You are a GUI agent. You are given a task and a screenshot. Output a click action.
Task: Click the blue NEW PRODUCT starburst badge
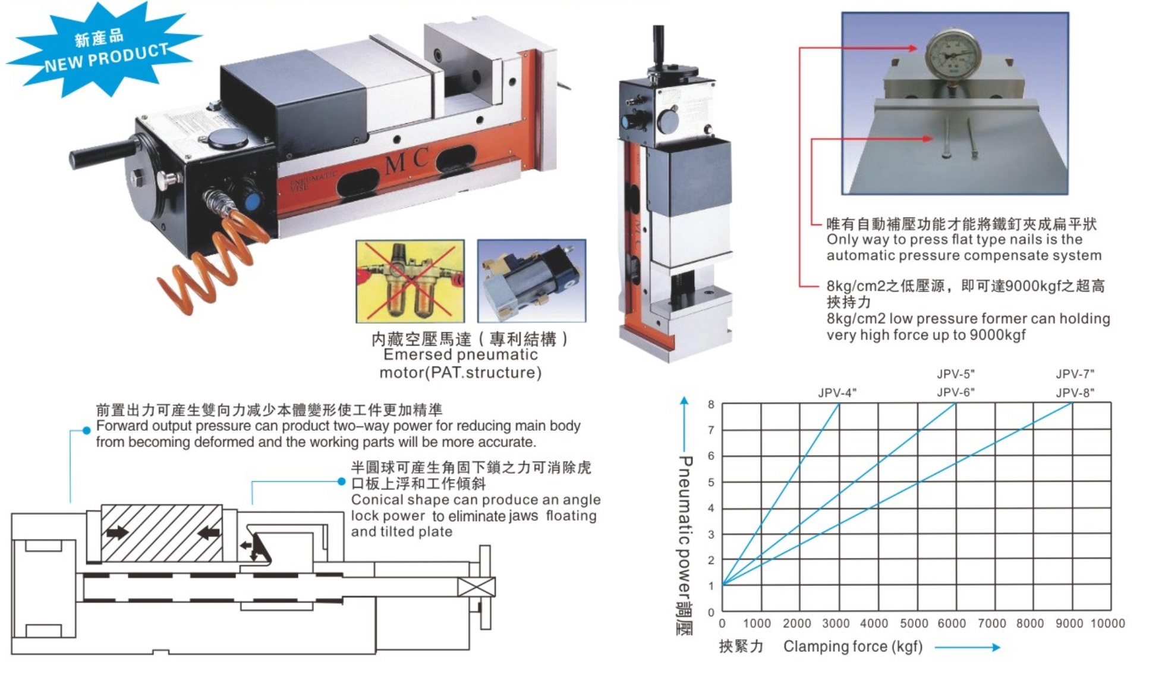point(104,50)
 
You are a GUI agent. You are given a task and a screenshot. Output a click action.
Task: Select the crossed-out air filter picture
point(410,281)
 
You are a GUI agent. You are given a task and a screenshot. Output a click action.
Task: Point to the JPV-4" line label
point(837,393)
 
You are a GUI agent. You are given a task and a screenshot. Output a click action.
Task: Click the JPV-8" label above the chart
point(1075,393)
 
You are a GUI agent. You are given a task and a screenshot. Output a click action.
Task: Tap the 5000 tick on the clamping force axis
point(914,623)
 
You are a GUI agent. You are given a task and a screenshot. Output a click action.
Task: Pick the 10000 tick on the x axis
point(1107,623)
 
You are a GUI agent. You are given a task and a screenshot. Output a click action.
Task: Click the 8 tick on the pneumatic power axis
point(711,405)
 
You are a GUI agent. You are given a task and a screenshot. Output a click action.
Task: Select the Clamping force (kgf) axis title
point(852,647)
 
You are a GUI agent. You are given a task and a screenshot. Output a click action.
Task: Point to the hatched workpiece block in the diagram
point(162,533)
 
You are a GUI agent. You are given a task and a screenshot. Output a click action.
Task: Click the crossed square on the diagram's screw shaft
point(477,587)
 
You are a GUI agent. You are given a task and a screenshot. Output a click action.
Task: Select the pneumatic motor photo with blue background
point(531,281)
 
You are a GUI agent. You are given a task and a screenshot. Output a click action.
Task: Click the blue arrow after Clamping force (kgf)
point(967,647)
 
